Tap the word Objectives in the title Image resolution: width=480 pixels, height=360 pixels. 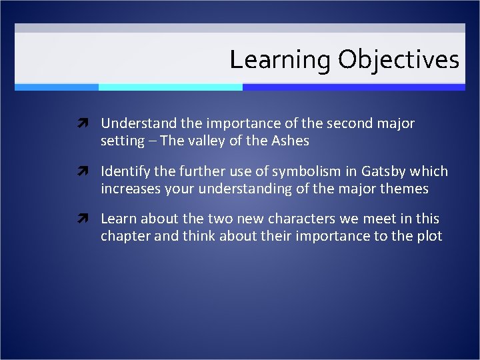pyautogui.click(x=398, y=60)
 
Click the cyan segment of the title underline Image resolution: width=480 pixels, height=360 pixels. pyautogui.click(x=170, y=87)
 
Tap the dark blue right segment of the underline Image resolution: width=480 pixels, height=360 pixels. pyautogui.click(x=353, y=87)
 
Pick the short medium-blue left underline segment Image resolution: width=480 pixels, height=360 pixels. pyautogui.click(x=57, y=87)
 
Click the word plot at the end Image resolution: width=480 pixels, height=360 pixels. pyautogui.click(x=429, y=236)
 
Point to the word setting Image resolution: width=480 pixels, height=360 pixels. pyautogui.click(x=123, y=141)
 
